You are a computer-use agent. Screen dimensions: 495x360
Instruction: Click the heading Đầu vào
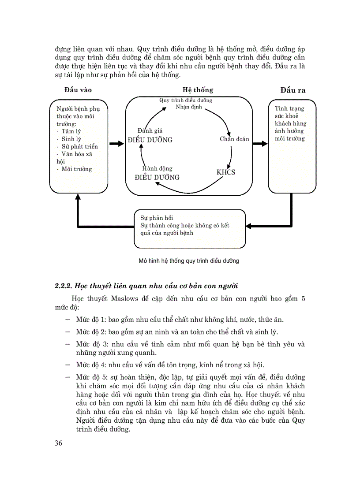click(x=78, y=90)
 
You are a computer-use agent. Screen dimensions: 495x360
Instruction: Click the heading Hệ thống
click(x=198, y=90)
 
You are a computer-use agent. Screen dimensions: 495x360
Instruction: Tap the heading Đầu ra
click(x=293, y=90)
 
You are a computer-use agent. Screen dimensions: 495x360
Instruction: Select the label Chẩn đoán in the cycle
click(x=234, y=139)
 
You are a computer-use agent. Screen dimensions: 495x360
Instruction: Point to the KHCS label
click(x=226, y=172)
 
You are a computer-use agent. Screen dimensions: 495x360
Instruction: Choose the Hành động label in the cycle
click(x=157, y=168)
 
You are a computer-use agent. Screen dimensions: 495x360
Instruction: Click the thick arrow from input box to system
click(x=116, y=144)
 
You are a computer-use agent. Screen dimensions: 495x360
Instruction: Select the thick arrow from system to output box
click(x=260, y=144)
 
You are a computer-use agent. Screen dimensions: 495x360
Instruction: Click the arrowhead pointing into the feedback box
click(x=248, y=226)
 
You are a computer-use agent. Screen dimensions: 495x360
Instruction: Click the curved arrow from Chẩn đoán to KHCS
click(x=231, y=156)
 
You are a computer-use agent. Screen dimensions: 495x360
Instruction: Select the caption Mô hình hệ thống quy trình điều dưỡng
click(x=189, y=261)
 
